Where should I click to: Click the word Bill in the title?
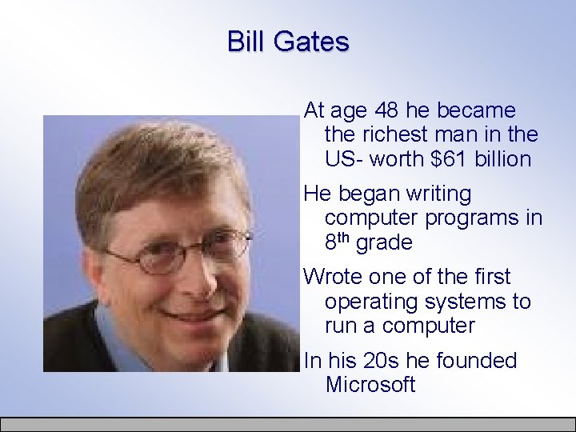coord(245,41)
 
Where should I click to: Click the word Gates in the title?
coord(310,41)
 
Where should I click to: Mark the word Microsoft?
coord(370,385)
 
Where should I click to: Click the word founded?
coord(475,361)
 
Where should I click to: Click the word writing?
coord(439,194)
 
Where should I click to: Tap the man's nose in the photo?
coord(186,276)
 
